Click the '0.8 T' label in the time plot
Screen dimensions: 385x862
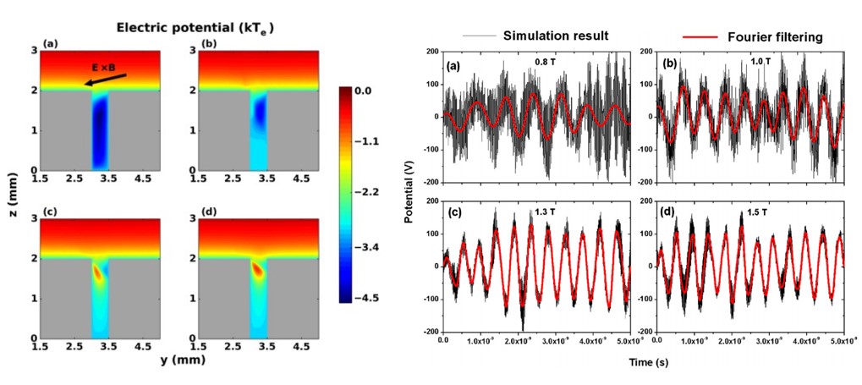click(x=546, y=61)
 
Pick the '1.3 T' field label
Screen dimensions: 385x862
click(x=546, y=211)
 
